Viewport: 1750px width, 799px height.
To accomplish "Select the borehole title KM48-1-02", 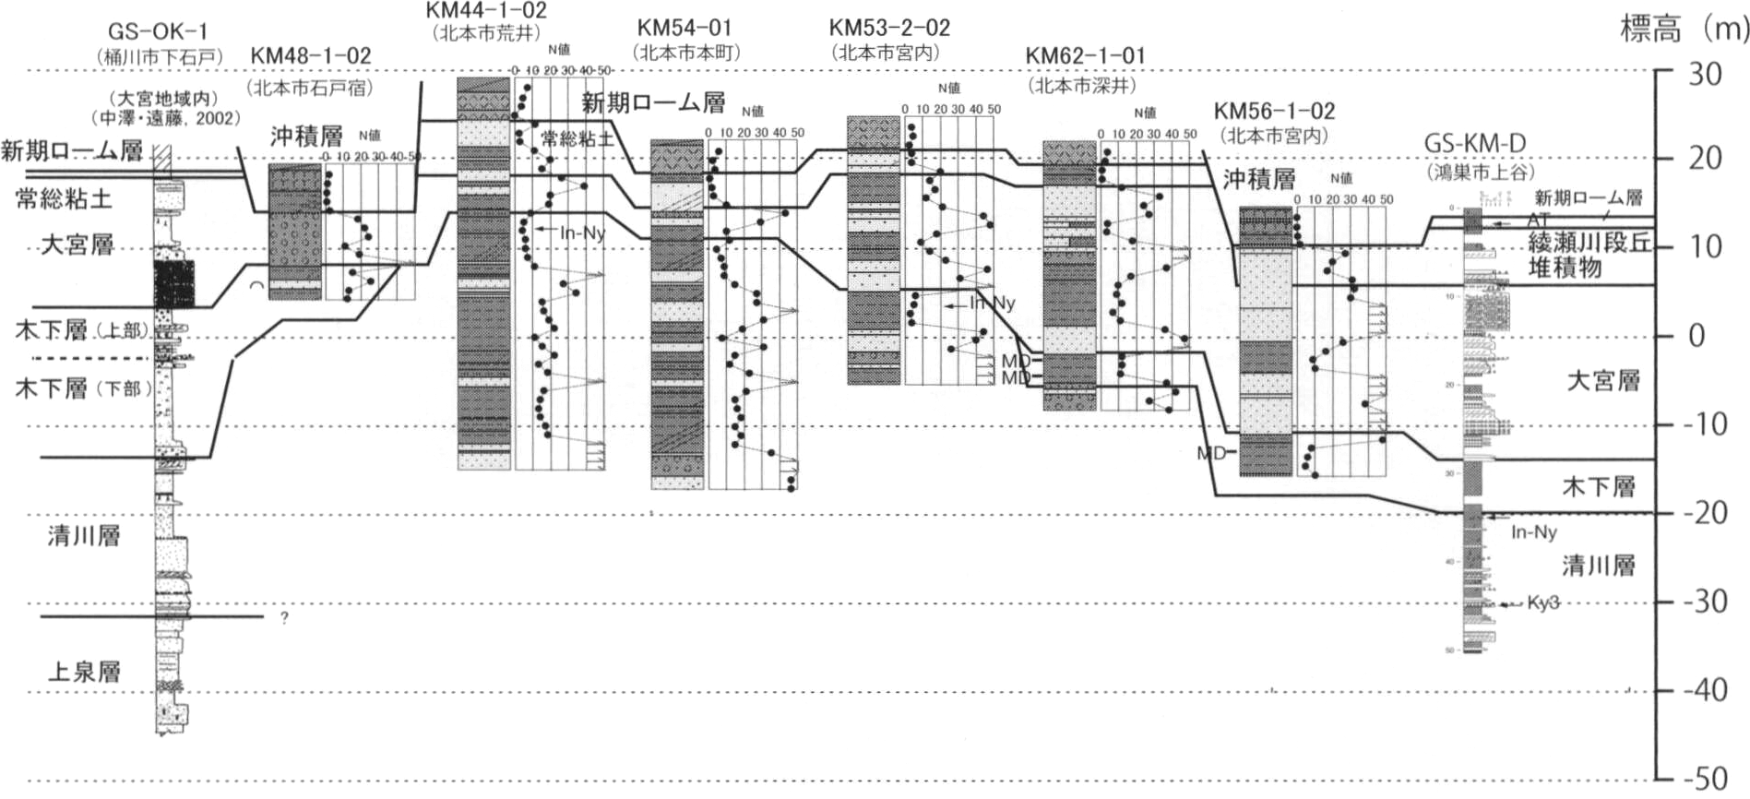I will point(311,56).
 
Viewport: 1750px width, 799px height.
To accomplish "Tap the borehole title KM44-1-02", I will point(486,11).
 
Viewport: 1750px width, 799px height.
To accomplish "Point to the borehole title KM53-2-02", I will point(888,28).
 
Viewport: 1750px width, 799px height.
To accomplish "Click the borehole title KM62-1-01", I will point(1085,56).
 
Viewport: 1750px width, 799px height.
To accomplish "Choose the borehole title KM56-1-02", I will point(1274,112).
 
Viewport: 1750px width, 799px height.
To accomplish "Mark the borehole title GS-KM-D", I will point(1475,144).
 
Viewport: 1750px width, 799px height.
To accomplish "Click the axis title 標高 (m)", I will point(1683,30).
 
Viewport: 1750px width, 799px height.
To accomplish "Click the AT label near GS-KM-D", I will point(1538,220).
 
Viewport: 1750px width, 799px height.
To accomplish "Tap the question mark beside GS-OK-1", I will point(284,618).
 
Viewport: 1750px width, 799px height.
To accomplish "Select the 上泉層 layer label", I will point(84,671).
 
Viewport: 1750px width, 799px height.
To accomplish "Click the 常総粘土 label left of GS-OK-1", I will point(64,197).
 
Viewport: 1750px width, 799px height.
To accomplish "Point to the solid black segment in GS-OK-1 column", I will point(173,283).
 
